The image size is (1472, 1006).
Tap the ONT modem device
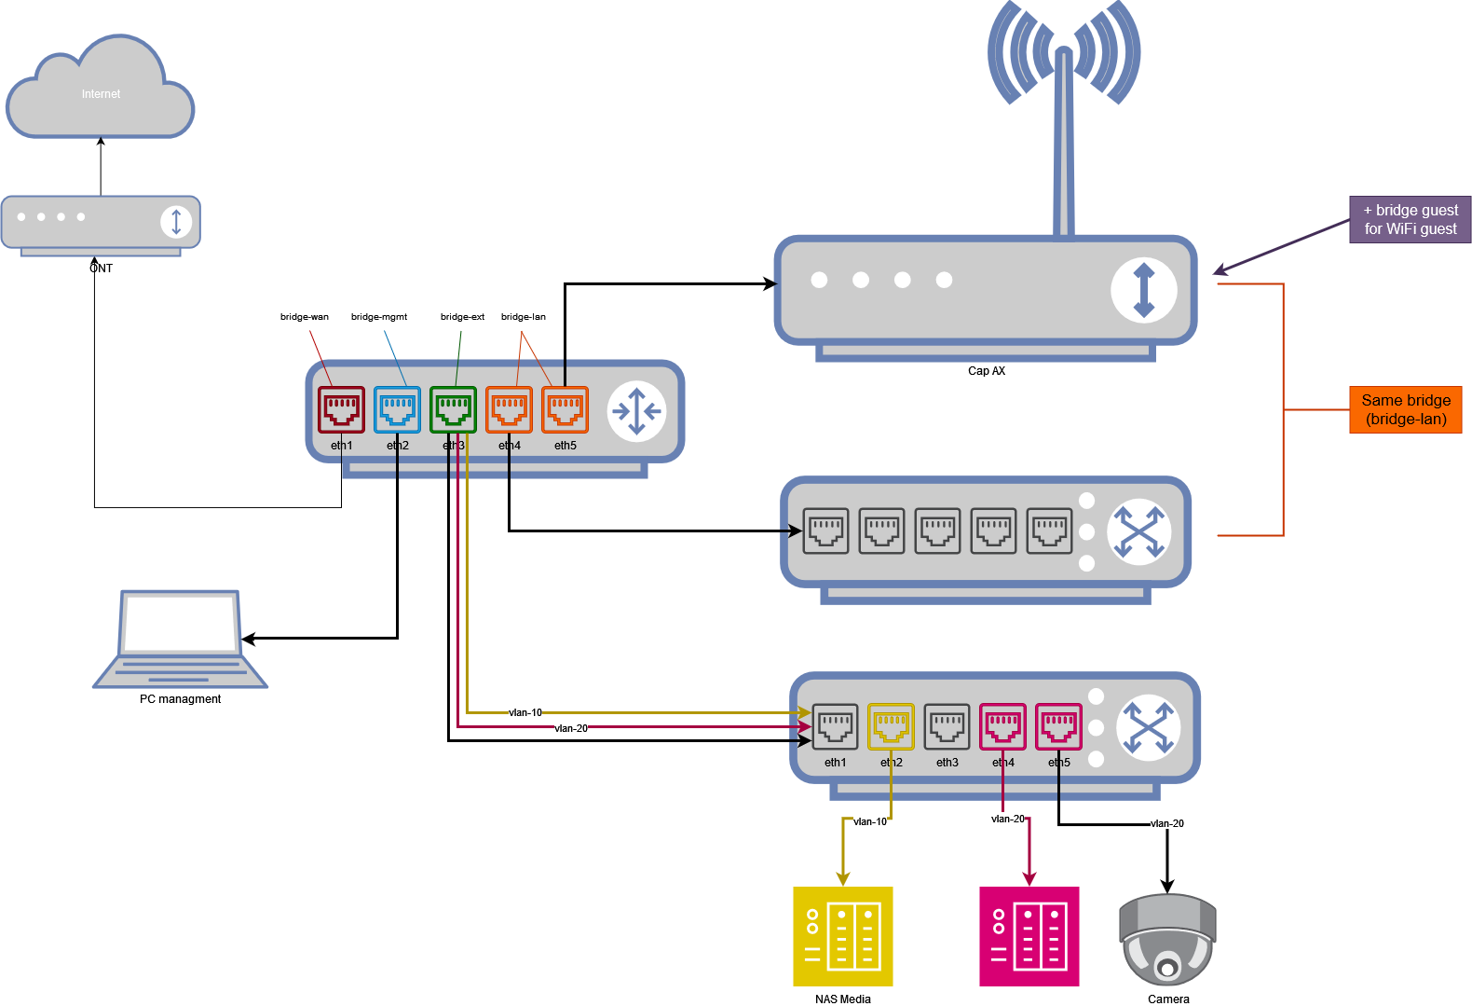(101, 224)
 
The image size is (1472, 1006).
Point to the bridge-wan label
(305, 317)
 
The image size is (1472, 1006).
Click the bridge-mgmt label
(379, 317)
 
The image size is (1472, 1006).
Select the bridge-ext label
(462, 317)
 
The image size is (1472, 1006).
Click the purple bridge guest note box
(1411, 220)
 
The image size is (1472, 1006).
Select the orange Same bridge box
(1406, 410)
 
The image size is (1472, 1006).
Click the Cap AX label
(987, 371)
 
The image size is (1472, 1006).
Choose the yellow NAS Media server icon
(843, 936)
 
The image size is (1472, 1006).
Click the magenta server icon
(1029, 936)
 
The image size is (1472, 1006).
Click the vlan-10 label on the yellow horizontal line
(525, 712)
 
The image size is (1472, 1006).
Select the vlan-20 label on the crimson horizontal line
(571, 728)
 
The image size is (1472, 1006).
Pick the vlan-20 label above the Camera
(1167, 823)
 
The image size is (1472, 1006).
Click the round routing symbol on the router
(636, 410)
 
